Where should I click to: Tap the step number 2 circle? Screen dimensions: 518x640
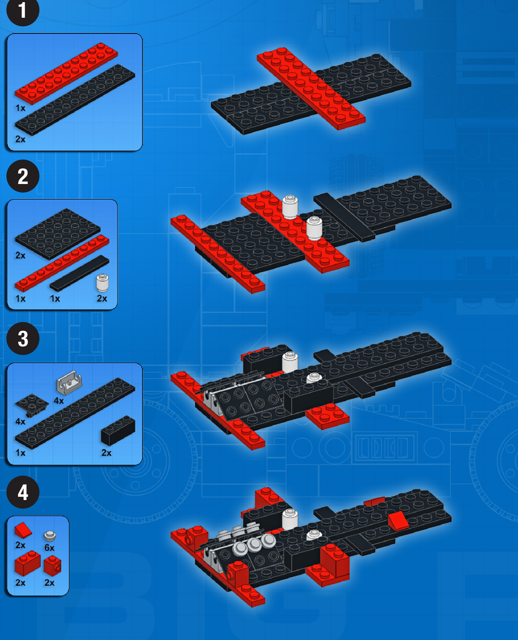pos(23,176)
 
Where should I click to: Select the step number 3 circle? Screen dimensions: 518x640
pos(23,339)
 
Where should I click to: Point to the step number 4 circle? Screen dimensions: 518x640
pos(23,492)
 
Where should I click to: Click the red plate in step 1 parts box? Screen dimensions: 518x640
pos(66,73)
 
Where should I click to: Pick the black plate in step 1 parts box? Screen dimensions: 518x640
pos(75,100)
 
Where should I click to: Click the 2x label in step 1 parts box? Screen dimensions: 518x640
pos(20,139)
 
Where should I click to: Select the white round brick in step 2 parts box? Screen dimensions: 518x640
pos(102,283)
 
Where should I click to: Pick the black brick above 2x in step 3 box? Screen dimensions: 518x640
pos(118,430)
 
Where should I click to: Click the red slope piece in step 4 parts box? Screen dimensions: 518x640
pos(23,530)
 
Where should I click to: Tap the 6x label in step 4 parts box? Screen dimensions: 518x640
pos(50,547)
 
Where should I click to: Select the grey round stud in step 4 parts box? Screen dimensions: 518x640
pos(50,536)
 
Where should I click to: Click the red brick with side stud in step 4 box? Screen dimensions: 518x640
pos(53,566)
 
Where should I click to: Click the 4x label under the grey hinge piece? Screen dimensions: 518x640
pos(59,401)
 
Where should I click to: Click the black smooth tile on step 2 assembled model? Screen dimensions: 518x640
pos(344,217)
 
